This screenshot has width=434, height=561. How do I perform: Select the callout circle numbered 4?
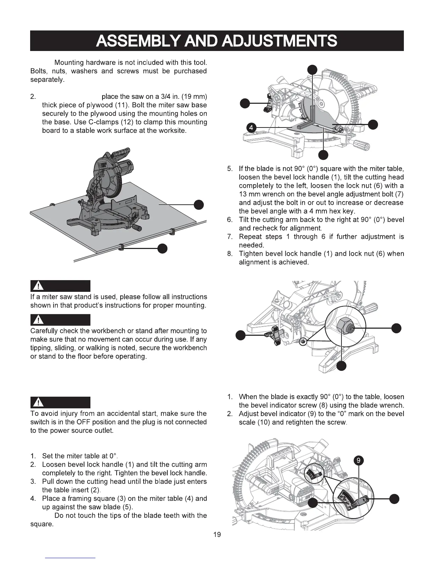click(x=251, y=127)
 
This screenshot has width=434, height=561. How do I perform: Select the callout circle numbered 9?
click(x=359, y=460)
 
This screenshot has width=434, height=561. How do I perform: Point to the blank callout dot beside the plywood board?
click(x=199, y=205)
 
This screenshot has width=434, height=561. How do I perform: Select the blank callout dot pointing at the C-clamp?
click(x=162, y=249)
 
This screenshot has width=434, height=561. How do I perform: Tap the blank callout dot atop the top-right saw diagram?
click(x=312, y=69)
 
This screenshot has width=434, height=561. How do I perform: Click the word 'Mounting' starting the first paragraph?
click(x=68, y=63)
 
